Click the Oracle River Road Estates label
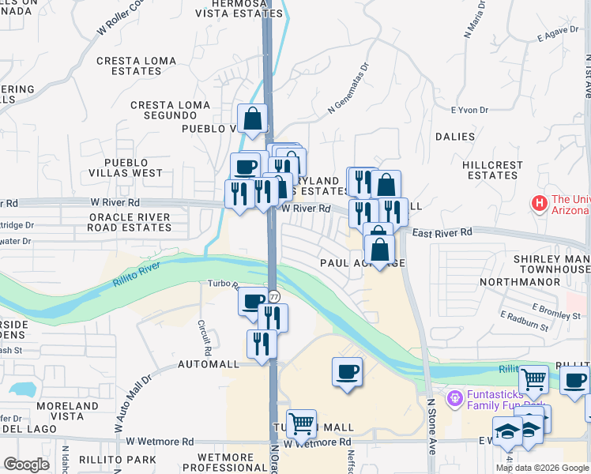[x=130, y=222]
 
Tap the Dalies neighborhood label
[x=455, y=137]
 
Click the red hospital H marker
[x=540, y=204]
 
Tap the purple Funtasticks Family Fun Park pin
[x=454, y=397]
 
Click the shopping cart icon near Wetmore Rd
[x=301, y=424]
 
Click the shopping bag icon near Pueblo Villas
[x=253, y=120]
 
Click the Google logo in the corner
[x=26, y=465]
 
